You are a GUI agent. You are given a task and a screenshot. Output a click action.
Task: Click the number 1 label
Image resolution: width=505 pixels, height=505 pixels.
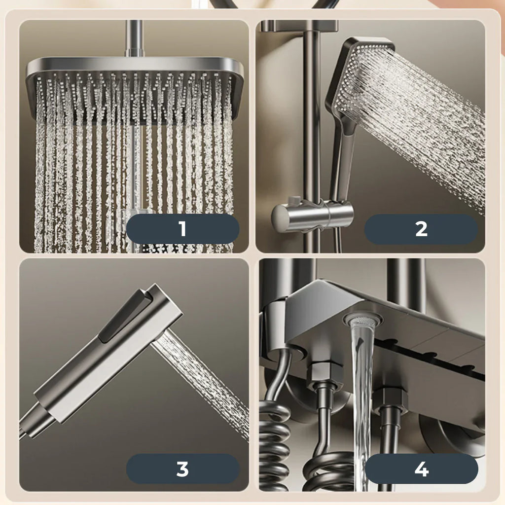pyautogui.click(x=182, y=229)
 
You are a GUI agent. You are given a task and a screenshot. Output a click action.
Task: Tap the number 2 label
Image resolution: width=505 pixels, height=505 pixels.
pyautogui.click(x=421, y=229)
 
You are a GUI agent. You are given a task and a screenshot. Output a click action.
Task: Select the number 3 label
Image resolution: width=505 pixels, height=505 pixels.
pyautogui.click(x=182, y=469)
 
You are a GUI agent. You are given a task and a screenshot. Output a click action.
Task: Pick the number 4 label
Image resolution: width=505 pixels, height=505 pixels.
pyautogui.click(x=421, y=469)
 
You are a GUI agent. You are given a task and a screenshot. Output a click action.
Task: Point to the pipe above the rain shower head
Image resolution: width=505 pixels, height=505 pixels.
pyautogui.click(x=134, y=38)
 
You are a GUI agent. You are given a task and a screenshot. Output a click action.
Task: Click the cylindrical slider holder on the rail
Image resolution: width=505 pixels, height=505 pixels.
pyautogui.click(x=312, y=214)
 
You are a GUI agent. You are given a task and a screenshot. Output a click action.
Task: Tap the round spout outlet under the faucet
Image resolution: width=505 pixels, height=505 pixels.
pyautogui.click(x=362, y=320)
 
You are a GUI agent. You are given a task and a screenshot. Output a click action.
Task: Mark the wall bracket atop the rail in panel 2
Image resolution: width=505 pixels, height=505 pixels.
pyautogui.click(x=299, y=26)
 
